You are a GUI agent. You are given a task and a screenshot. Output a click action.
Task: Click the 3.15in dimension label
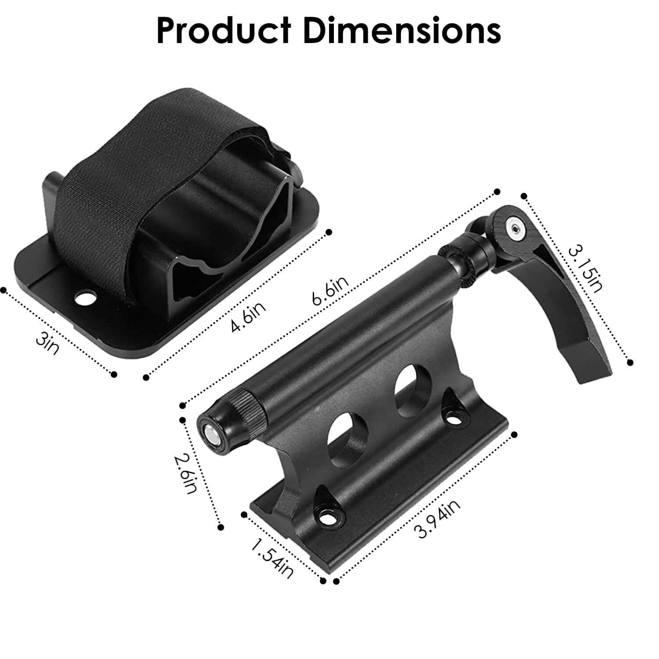coord(586,269)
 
